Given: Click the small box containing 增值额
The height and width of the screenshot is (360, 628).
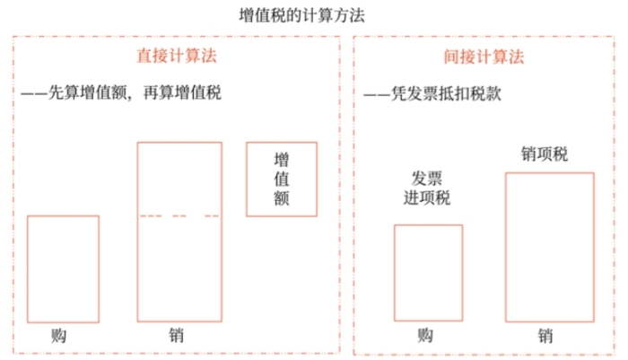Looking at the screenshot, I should coord(282,179).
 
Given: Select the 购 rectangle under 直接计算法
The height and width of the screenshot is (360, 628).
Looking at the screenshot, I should coord(63,268).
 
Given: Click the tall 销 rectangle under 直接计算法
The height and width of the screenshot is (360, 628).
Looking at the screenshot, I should coord(179,269).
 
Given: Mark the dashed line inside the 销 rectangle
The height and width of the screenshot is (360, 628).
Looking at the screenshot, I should coord(179,215).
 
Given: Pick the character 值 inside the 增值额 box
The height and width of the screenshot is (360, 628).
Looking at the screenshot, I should coord(282,179).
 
